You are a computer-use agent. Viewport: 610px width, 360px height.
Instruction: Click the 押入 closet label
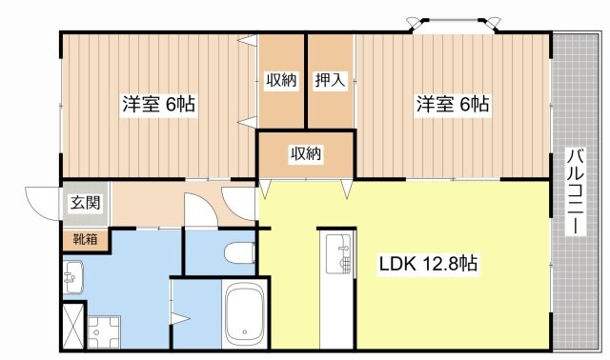pyautogui.click(x=330, y=81)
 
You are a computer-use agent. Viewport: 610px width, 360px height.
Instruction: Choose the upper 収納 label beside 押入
pyautogui.click(x=280, y=81)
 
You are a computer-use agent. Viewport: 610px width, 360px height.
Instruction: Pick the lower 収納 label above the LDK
pyautogui.click(x=305, y=152)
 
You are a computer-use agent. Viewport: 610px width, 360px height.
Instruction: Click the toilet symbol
pyautogui.click(x=239, y=252)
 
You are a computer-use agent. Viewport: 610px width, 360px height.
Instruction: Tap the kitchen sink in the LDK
pyautogui.click(x=335, y=252)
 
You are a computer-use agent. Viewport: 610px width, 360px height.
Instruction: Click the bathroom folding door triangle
pyautogui.click(x=178, y=316)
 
